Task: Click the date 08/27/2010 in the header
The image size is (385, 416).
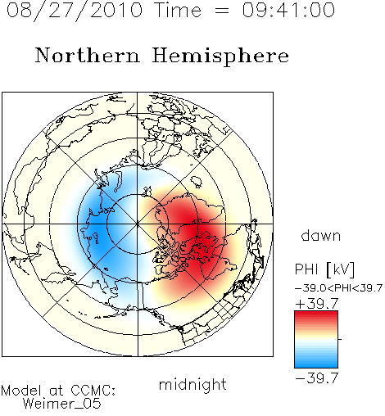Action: coord(75,11)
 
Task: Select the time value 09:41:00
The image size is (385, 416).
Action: coord(288,10)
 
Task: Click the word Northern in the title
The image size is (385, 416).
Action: coord(88,55)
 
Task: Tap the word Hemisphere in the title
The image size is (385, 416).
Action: coord(220,57)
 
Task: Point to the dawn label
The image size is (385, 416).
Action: coord(321,235)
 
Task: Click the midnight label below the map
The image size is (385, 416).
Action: coord(192,385)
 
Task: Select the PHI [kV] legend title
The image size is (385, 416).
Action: coord(324,269)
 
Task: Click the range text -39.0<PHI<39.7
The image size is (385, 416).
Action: coord(338,288)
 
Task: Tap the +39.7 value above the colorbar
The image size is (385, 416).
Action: coord(317,304)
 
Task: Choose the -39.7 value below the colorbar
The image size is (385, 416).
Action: coord(317,378)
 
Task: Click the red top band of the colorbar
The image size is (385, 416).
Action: coord(316,314)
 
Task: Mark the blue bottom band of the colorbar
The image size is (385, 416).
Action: coord(316,364)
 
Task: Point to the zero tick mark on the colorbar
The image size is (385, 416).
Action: coord(340,339)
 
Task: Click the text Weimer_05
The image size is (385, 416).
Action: coord(62,403)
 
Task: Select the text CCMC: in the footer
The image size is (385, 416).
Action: coord(93,391)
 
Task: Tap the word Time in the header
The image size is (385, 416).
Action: coord(178,11)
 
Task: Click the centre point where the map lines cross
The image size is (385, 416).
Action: coord(138,224)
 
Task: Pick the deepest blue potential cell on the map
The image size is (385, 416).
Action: coord(97,229)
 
